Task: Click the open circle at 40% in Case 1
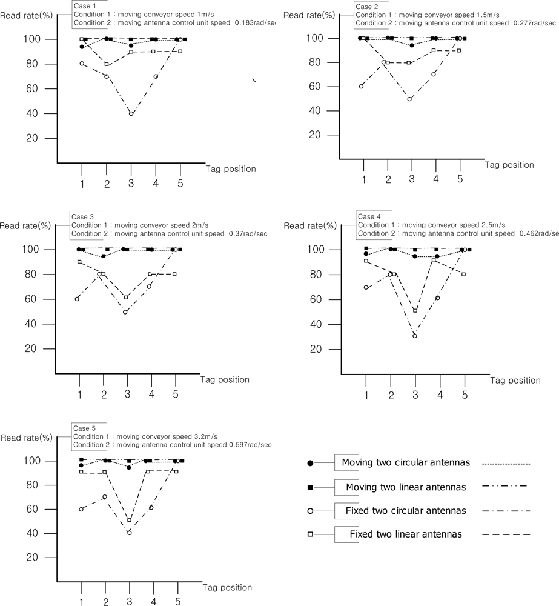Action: pos(131,113)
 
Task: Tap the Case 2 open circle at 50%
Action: pos(409,99)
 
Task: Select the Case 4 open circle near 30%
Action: pos(415,335)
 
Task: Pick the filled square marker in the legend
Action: pos(311,487)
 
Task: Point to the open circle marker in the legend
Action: pos(311,511)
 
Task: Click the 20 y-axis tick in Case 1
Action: pos(48,138)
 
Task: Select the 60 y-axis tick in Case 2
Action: pos(330,86)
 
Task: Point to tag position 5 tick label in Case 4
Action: pos(464,395)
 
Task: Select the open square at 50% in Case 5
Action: pos(129,520)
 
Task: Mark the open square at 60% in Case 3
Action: pos(126,298)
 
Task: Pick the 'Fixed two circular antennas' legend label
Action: pos(406,510)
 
